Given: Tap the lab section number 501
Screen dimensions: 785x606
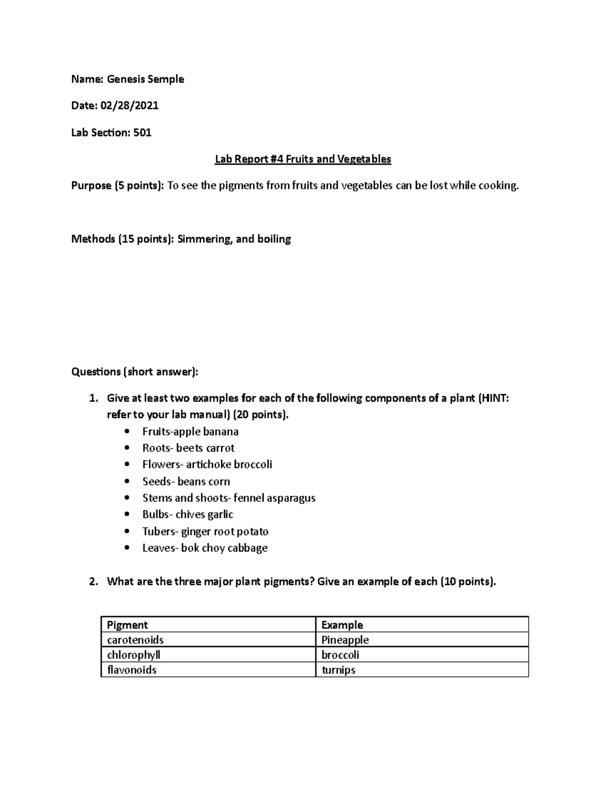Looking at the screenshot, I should point(142,133).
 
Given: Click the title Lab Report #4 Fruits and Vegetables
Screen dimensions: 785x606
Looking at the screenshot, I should point(303,159).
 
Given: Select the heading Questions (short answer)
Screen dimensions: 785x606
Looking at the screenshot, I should point(135,372).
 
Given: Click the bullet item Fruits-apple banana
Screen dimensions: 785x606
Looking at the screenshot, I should point(190,432).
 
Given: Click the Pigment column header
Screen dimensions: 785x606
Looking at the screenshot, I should point(127,625).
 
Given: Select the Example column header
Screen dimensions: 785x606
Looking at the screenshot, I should point(342,625).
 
